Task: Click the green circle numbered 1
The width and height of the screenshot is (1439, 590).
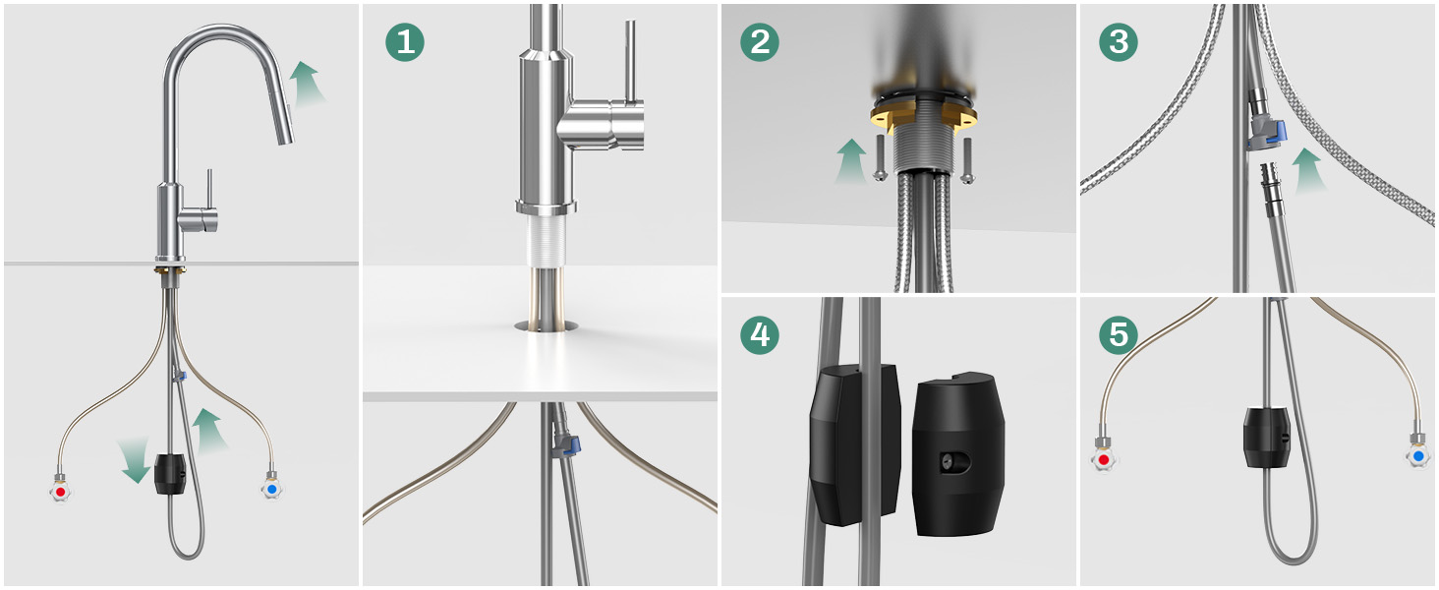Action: click(x=405, y=41)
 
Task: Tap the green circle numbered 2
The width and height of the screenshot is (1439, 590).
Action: click(x=760, y=41)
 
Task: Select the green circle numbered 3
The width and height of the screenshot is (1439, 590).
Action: click(x=1119, y=41)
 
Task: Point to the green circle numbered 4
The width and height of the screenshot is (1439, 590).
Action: click(x=760, y=335)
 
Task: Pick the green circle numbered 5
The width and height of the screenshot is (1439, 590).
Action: click(x=1119, y=335)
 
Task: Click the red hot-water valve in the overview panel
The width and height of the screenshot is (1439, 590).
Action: click(x=60, y=491)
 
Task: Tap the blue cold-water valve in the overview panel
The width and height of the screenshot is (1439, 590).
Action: click(x=271, y=489)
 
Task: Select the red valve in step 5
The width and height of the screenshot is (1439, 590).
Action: click(x=1104, y=459)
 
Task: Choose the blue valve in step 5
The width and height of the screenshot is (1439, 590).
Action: click(x=1417, y=455)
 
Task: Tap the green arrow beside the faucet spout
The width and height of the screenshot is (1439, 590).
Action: click(x=306, y=83)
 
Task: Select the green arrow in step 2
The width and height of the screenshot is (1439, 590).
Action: click(x=852, y=160)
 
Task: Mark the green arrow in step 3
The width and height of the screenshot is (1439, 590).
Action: click(x=1308, y=170)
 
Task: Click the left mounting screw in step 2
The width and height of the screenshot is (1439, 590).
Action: click(x=880, y=158)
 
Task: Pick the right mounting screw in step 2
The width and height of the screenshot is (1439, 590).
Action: click(x=968, y=160)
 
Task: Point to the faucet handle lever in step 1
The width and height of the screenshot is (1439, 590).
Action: click(x=630, y=60)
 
